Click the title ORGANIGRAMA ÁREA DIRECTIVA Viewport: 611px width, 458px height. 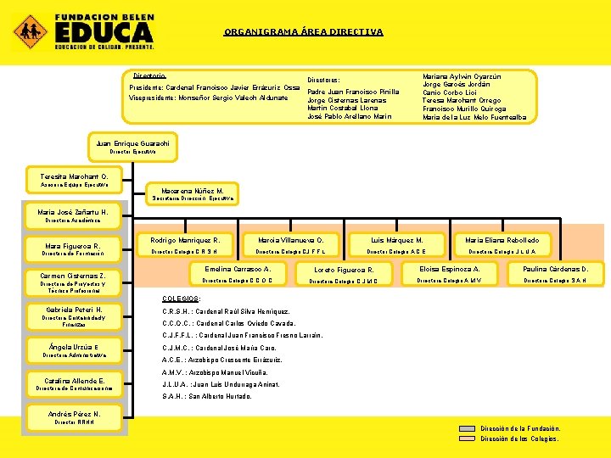[303, 32]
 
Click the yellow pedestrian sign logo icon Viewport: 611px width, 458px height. [29, 31]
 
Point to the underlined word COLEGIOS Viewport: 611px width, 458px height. [180, 299]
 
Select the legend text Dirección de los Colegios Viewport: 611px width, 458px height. [520, 438]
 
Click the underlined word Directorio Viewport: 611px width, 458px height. [149, 76]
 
